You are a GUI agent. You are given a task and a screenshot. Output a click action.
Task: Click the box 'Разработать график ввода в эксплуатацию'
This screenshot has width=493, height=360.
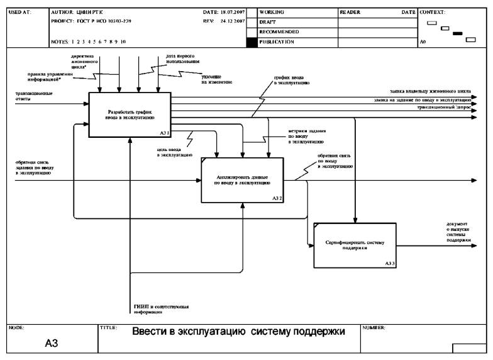[130, 114]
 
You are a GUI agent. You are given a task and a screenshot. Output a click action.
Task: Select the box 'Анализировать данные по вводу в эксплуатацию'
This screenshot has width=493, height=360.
[242, 181]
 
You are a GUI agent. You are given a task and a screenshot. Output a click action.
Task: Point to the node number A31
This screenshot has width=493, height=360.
[163, 133]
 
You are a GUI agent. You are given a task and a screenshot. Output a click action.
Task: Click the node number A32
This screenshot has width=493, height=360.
[277, 198]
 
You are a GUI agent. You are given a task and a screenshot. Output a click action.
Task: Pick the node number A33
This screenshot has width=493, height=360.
[390, 264]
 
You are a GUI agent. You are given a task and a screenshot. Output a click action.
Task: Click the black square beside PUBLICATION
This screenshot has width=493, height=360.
[252, 42]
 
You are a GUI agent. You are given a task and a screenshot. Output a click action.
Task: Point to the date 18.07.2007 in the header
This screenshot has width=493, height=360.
[231, 12]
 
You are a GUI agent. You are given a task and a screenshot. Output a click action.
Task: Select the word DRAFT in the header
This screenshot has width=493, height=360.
[267, 22]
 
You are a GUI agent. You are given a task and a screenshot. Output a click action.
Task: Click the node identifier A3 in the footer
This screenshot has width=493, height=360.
[51, 344]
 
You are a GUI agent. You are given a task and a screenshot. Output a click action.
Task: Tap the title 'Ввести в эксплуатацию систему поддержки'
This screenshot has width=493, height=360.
[239, 332]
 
